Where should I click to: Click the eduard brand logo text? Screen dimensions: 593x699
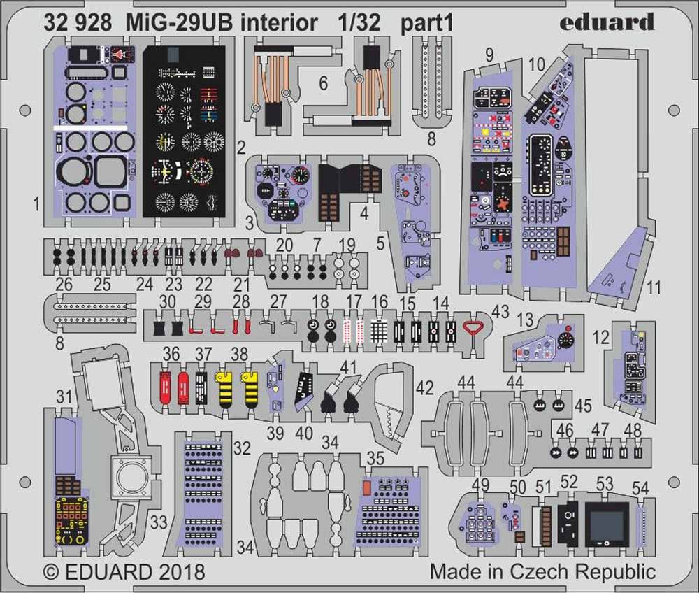607,22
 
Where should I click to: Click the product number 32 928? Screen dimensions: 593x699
78,24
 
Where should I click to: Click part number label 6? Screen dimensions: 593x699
322,83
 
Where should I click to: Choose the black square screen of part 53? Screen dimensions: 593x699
605,521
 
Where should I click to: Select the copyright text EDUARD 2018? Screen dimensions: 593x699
124,572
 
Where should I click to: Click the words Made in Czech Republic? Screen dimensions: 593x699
542,571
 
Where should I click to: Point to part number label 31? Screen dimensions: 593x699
64,397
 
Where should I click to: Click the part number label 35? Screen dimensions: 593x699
375,459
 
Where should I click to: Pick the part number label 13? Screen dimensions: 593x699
526,320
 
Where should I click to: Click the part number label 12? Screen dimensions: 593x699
599,337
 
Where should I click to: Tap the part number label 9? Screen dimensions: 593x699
489,54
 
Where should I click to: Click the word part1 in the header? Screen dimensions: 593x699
427,24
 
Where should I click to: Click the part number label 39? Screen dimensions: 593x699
275,433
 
